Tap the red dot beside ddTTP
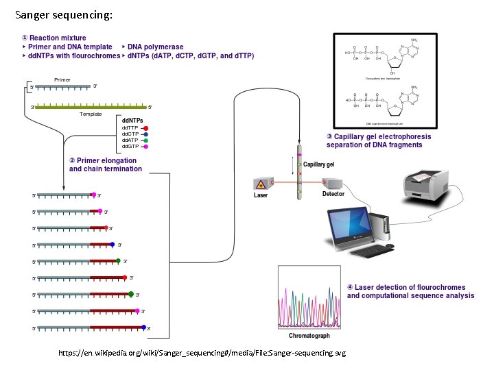[x=146, y=128]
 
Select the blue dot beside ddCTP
[x=146, y=134]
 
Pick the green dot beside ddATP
[x=146, y=140]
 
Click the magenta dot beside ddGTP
[x=146, y=147]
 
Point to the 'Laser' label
[x=261, y=195]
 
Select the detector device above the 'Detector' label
[x=334, y=183]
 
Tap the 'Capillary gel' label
[x=319, y=165]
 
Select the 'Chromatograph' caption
[x=309, y=336]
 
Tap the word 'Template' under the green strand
[x=90, y=114]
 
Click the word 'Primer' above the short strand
[x=62, y=80]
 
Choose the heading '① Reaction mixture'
[x=54, y=38]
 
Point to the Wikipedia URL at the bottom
[x=202, y=353]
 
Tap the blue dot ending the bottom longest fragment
[x=144, y=328]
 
